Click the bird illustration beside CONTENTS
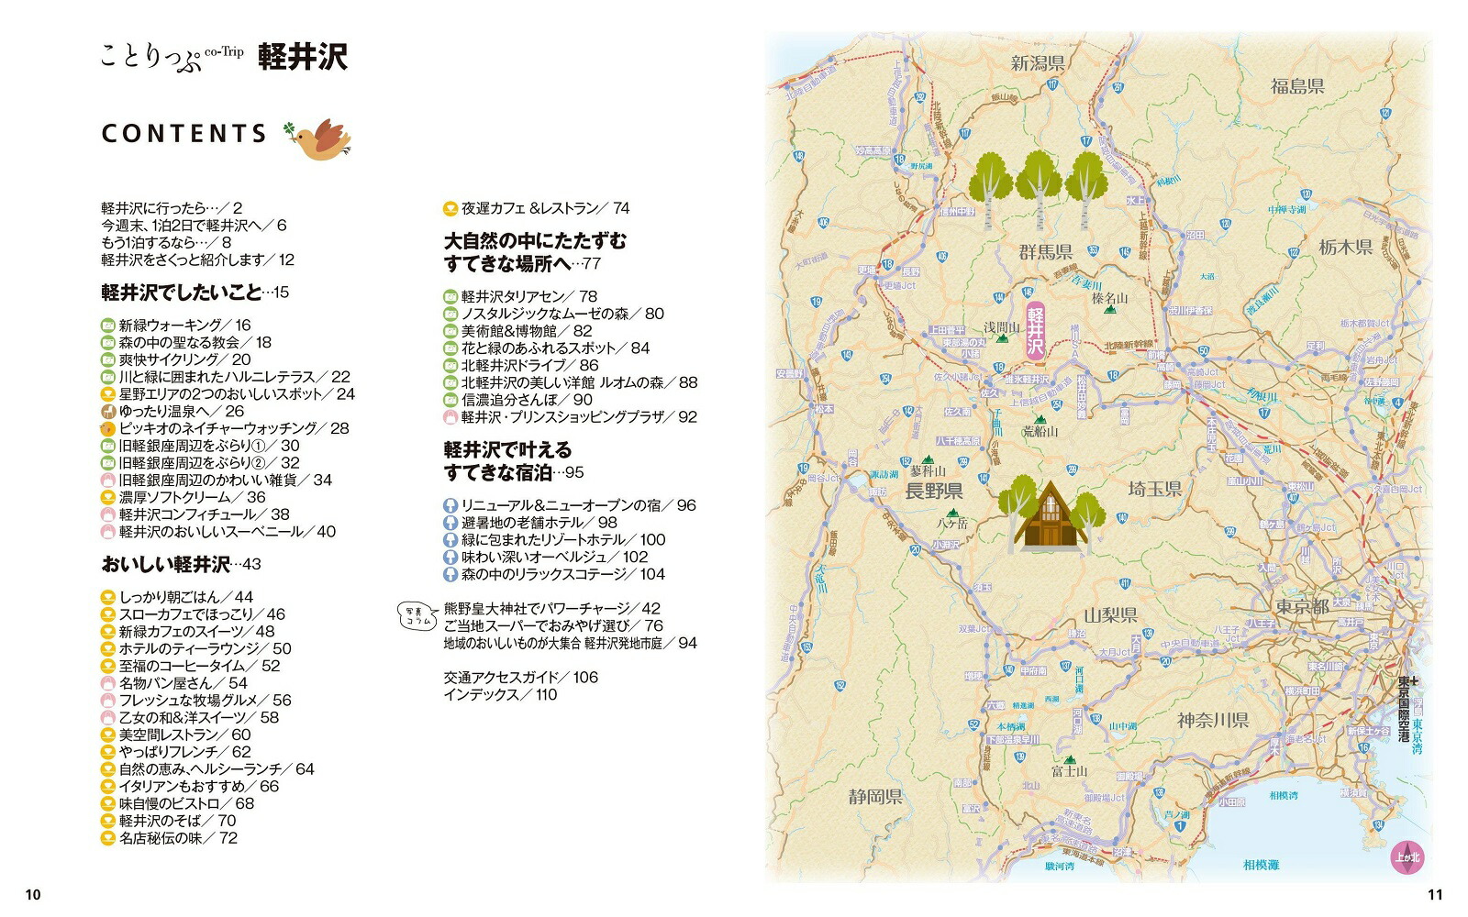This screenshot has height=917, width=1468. click(321, 138)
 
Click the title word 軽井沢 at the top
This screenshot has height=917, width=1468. click(302, 57)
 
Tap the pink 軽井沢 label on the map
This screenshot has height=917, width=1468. click(1036, 329)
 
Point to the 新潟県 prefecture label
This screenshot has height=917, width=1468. click(1037, 63)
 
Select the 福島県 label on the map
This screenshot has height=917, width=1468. click(1297, 86)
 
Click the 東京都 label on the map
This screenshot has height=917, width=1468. click(1301, 607)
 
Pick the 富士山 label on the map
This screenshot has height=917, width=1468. click(1069, 771)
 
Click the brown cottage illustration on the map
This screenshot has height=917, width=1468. click(1049, 516)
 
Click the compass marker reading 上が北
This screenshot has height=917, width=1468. click(1406, 855)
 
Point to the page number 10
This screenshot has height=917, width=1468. click(33, 895)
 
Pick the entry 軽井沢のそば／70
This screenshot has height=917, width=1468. click(177, 821)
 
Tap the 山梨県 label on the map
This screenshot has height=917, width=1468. click(1110, 615)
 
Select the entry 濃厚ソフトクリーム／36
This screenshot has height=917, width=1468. click(192, 497)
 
